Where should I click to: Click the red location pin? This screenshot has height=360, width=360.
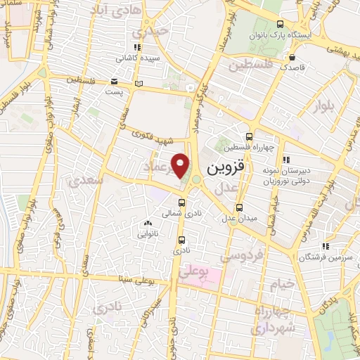coord(181,165)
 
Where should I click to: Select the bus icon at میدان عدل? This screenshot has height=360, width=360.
coord(240,207)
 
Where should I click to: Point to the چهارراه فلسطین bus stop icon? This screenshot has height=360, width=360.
coord(248,137)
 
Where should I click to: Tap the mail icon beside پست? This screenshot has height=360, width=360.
coord(115,82)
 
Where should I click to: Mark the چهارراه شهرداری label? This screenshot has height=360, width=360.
coord(271,321)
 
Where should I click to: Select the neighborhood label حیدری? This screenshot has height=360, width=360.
coord(155,32)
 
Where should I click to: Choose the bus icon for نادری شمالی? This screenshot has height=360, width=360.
coord(181,202)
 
